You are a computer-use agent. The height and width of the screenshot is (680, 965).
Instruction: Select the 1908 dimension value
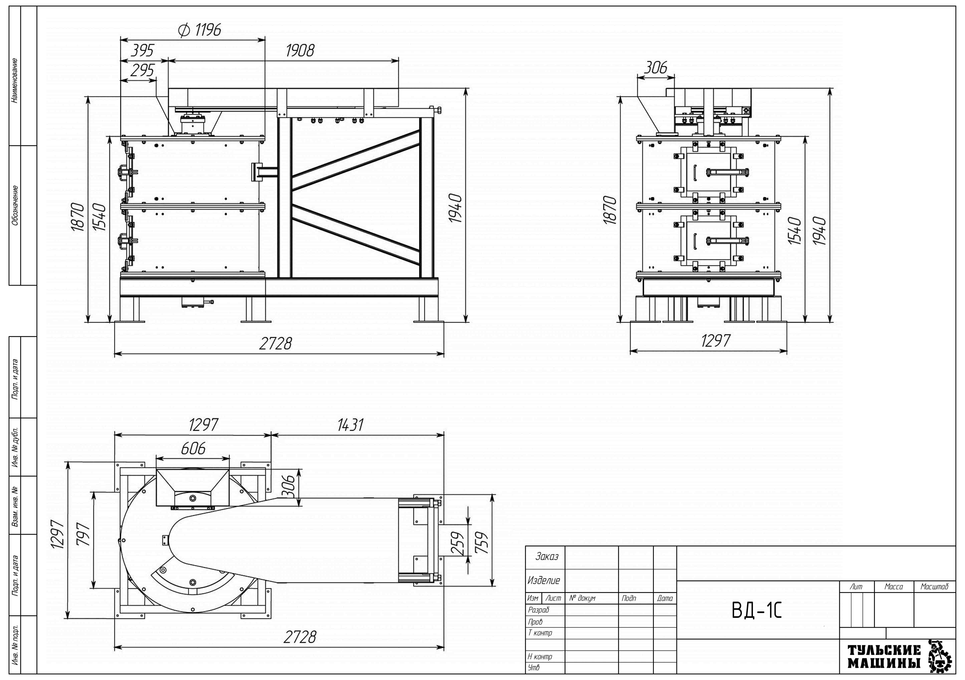tap(300, 51)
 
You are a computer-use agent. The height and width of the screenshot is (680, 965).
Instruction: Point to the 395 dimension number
tap(142, 51)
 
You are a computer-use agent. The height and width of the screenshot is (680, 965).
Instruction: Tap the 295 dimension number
tap(142, 70)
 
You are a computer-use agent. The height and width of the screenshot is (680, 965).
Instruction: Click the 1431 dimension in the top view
tap(350, 425)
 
